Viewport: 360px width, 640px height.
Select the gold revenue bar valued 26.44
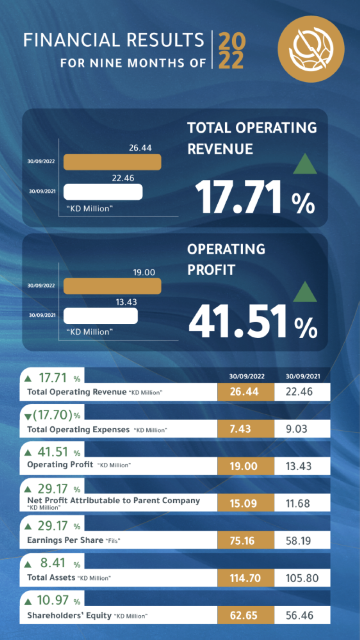pos(112,162)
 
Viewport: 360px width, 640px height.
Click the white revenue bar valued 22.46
pos(103,192)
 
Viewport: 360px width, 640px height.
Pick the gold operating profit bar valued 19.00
pos(112,286)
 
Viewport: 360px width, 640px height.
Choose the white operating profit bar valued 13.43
pos(100,316)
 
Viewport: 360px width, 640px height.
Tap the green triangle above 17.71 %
pos(305,164)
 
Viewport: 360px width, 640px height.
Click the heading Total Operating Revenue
pos(252,138)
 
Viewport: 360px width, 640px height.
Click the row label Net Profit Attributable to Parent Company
pos(113,501)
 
